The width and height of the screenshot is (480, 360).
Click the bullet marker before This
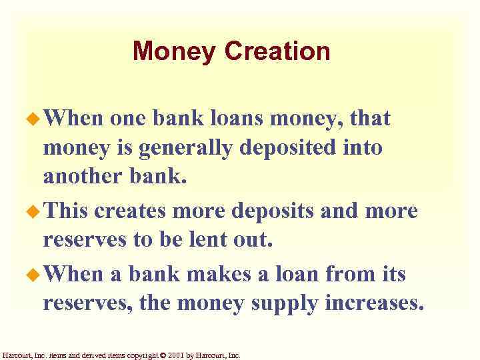(x=33, y=211)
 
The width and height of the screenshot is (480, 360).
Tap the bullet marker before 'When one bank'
(x=33, y=120)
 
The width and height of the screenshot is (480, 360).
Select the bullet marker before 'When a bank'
(x=33, y=275)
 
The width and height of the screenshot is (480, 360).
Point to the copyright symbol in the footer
(x=165, y=355)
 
